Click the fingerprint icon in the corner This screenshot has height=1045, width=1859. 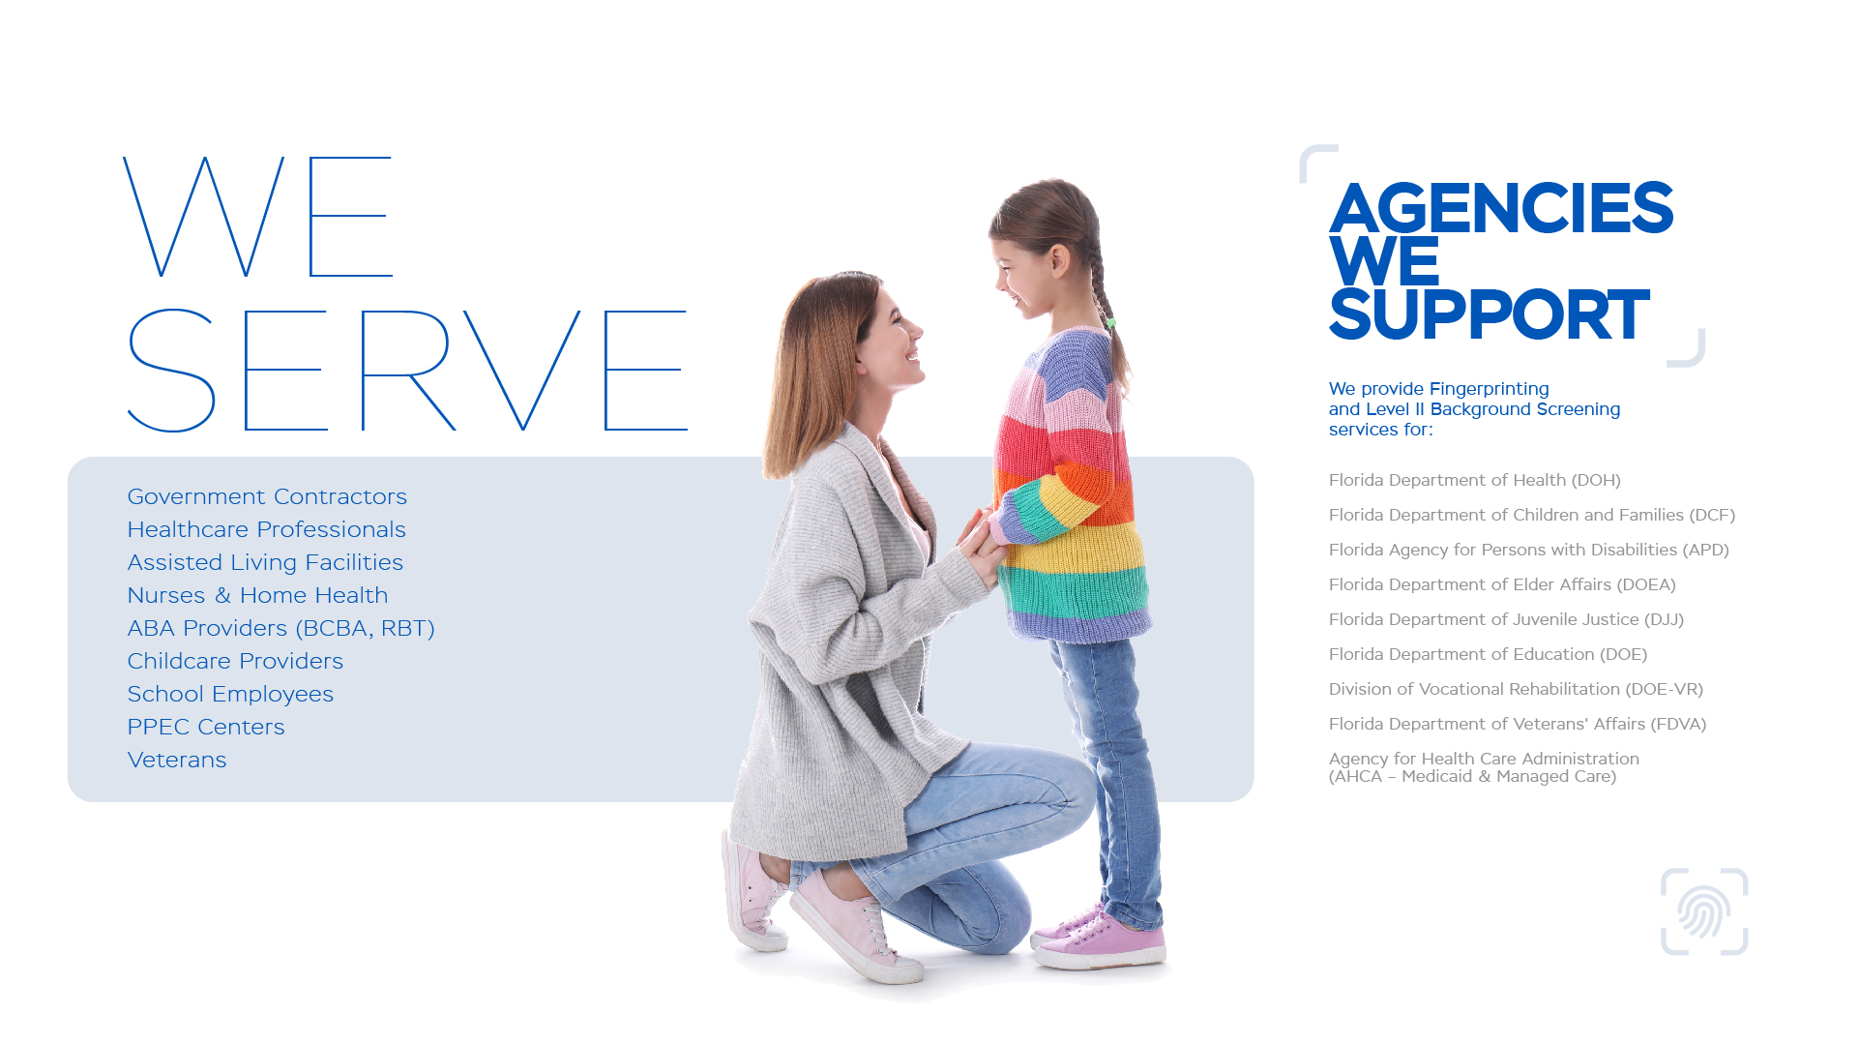point(1703,911)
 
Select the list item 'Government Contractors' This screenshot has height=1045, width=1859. point(267,496)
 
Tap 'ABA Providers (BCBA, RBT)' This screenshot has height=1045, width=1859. point(280,628)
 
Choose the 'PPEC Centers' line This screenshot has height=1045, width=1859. point(206,727)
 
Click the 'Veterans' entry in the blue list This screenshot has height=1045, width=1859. point(177,760)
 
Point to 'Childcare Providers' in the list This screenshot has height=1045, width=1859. point(235,661)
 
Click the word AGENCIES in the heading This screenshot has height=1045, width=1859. point(1501,208)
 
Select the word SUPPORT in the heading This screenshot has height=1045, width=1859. point(1489,314)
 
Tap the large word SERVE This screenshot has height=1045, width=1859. point(407,371)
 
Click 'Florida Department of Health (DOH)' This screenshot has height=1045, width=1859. point(1474,480)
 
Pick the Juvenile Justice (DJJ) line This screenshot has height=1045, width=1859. point(1506,619)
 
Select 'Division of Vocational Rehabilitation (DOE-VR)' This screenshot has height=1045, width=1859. point(1516,689)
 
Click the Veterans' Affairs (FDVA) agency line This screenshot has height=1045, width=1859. point(1518,724)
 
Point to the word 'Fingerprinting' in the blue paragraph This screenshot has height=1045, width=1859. point(1489,389)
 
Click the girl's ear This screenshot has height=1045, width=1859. point(1060,260)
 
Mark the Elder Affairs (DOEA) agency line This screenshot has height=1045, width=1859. point(1502,584)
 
